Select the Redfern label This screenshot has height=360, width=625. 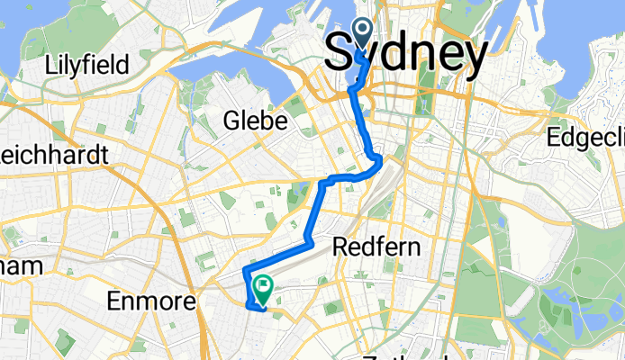(371, 245)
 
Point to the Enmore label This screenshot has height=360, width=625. (150, 301)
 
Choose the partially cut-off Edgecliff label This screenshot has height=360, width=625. (586, 137)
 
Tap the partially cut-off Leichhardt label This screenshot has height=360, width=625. (54, 155)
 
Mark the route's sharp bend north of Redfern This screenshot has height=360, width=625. (379, 160)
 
